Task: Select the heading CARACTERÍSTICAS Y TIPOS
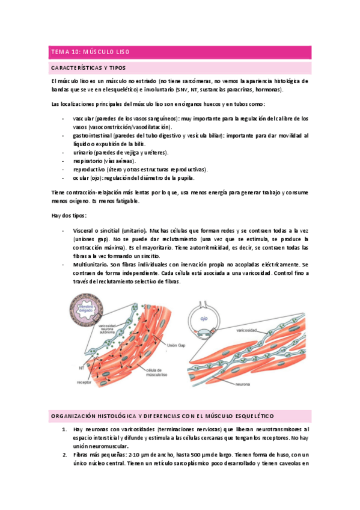88,68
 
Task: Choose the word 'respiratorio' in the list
88,161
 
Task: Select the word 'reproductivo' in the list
90,170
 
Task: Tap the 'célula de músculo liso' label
158,373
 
